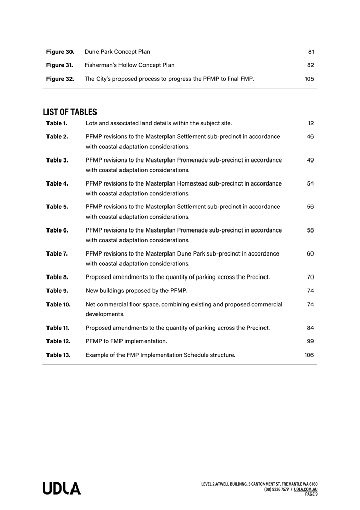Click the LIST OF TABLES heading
pyautogui.click(x=69, y=112)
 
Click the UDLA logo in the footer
pyautogui.click(x=61, y=489)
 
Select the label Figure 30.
pyautogui.click(x=60, y=52)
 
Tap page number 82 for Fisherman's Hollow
pyautogui.click(x=310, y=65)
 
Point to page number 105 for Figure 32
pyautogui.click(x=309, y=79)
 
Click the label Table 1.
pyautogui.click(x=57, y=123)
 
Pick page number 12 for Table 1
pyautogui.click(x=311, y=123)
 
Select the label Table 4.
pyautogui.click(x=57, y=183)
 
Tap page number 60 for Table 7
pyautogui.click(x=310, y=253)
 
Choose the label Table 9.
pyautogui.click(x=57, y=291)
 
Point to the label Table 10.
pyautogui.click(x=58, y=305)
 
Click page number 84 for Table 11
pyautogui.click(x=310, y=328)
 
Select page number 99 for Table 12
pyautogui.click(x=310, y=341)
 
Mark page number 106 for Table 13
pyautogui.click(x=309, y=355)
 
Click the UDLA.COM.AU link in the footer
pyautogui.click(x=306, y=489)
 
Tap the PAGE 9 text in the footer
pyautogui.click(x=311, y=494)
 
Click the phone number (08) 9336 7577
pyautogui.click(x=276, y=489)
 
